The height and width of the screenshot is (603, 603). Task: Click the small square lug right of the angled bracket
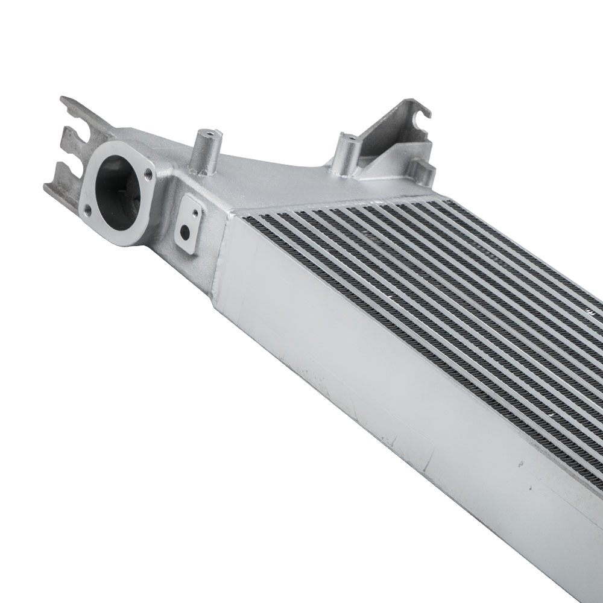423,168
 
